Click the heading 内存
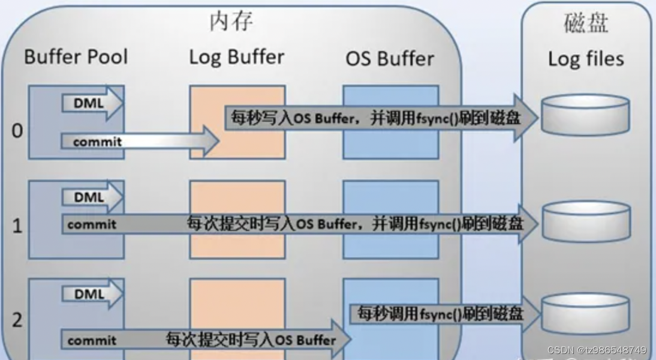pos(231,21)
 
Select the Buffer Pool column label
pos(76,57)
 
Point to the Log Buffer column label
pos(237,58)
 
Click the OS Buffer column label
pos(390,59)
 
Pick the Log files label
pos(586,59)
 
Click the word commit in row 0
pos(97,142)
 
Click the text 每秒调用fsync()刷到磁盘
pos(440,313)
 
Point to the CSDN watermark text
pos(597,350)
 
